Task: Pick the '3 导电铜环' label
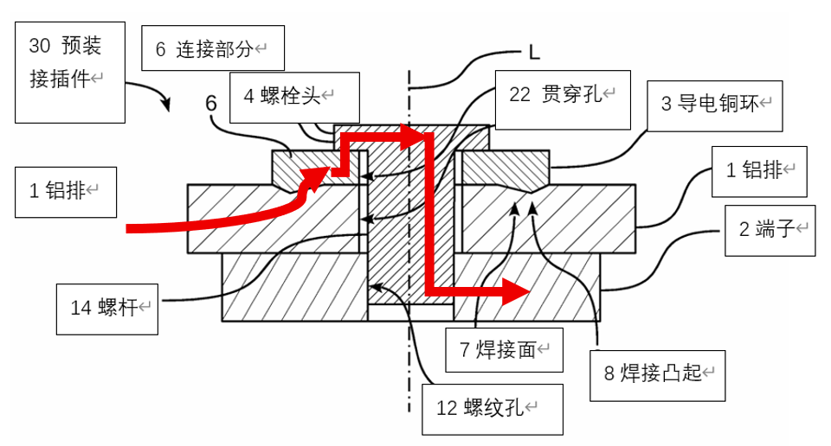click(x=715, y=105)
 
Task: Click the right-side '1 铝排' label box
click(x=759, y=169)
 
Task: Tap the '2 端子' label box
click(x=770, y=228)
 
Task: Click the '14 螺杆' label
click(x=107, y=309)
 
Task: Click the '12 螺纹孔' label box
click(x=493, y=408)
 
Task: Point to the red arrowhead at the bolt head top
click(x=418, y=135)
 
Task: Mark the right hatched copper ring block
click(x=506, y=167)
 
